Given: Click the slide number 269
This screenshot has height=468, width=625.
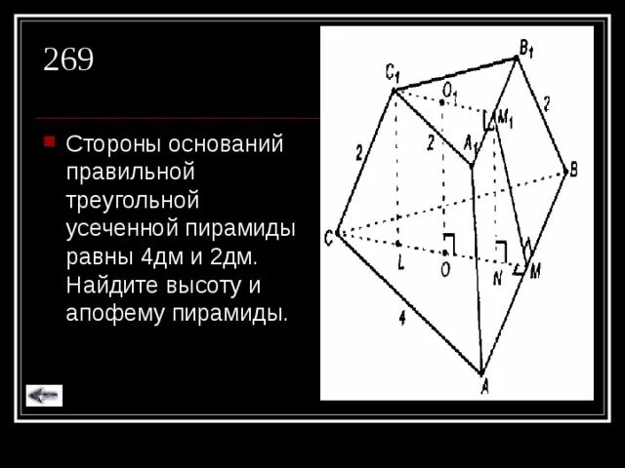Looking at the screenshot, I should pyautogui.click(x=68, y=60).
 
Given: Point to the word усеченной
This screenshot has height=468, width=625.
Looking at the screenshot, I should pyautogui.click(x=118, y=228).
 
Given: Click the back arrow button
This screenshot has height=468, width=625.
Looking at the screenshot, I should pyautogui.click(x=44, y=395).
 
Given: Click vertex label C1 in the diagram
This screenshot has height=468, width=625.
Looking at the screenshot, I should pyautogui.click(x=391, y=73).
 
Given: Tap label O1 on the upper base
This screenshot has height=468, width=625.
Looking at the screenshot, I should pyautogui.click(x=449, y=91).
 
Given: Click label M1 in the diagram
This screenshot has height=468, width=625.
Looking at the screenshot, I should pyautogui.click(x=505, y=119).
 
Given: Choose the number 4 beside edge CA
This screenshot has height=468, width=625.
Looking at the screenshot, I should pyautogui.click(x=402, y=316).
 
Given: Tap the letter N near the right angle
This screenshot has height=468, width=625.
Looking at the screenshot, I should pyautogui.click(x=496, y=277).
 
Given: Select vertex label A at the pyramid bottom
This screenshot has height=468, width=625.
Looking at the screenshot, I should pyautogui.click(x=484, y=386).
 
